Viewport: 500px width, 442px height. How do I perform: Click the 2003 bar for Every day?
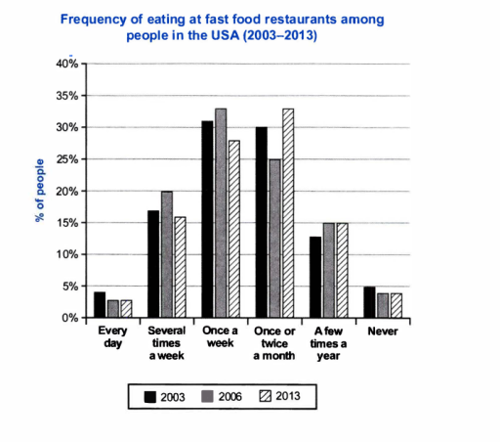point(99,305)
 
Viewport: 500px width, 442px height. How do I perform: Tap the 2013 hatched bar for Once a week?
point(234,229)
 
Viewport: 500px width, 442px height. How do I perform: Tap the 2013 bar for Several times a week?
point(180,267)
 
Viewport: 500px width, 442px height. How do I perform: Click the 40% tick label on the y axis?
point(67,64)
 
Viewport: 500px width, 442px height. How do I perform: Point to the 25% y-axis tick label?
point(67,159)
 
